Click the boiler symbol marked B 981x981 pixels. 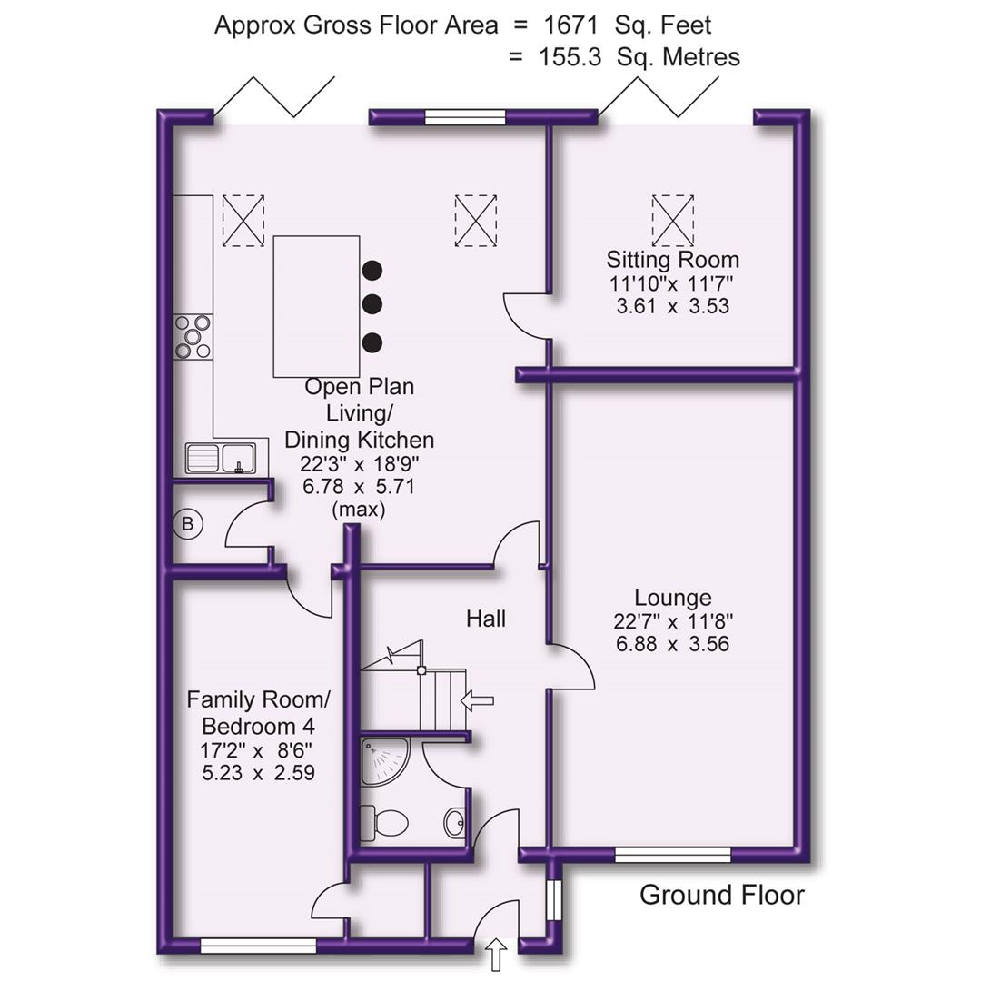tap(188, 524)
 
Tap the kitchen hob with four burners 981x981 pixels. tap(193, 336)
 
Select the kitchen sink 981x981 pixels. tap(222, 458)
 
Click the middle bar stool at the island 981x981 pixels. tap(372, 303)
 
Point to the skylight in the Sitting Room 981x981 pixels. tap(673, 219)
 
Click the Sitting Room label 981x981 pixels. tap(673, 261)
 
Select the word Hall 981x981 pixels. tap(486, 619)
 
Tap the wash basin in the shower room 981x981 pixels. tap(456, 824)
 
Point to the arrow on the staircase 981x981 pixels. tap(478, 700)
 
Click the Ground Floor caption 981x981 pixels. tap(722, 895)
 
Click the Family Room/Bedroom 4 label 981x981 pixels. tap(259, 713)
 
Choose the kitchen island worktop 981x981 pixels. tap(316, 306)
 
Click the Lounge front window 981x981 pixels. tap(672, 854)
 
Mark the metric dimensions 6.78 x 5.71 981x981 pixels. tap(359, 486)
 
